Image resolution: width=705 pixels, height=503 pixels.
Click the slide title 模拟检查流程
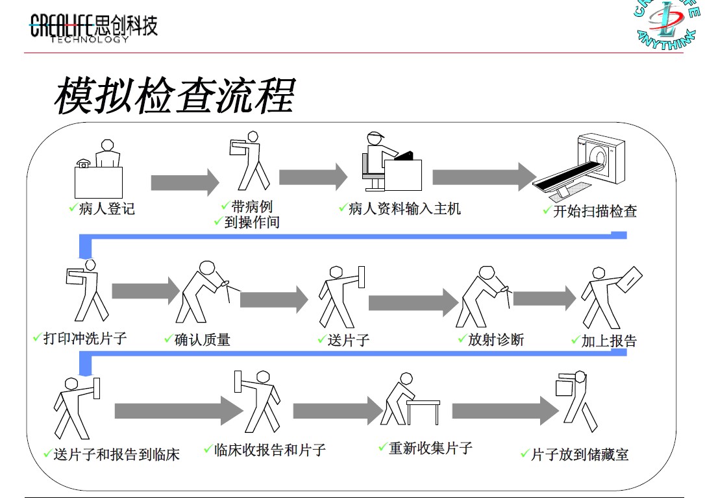click(174, 96)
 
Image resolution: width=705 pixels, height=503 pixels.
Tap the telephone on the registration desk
click(83, 163)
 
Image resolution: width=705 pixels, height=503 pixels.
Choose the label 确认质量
click(202, 339)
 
